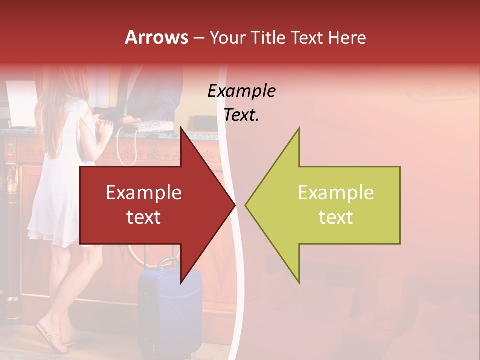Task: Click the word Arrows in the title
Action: coord(156,37)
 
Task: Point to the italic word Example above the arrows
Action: coord(241,91)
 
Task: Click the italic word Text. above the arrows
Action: coord(241,115)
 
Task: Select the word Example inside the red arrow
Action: coord(144,193)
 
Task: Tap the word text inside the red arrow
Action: coord(144,217)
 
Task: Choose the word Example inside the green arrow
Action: coord(336,193)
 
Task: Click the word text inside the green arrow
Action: coord(336,217)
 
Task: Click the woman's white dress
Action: coord(57,200)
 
